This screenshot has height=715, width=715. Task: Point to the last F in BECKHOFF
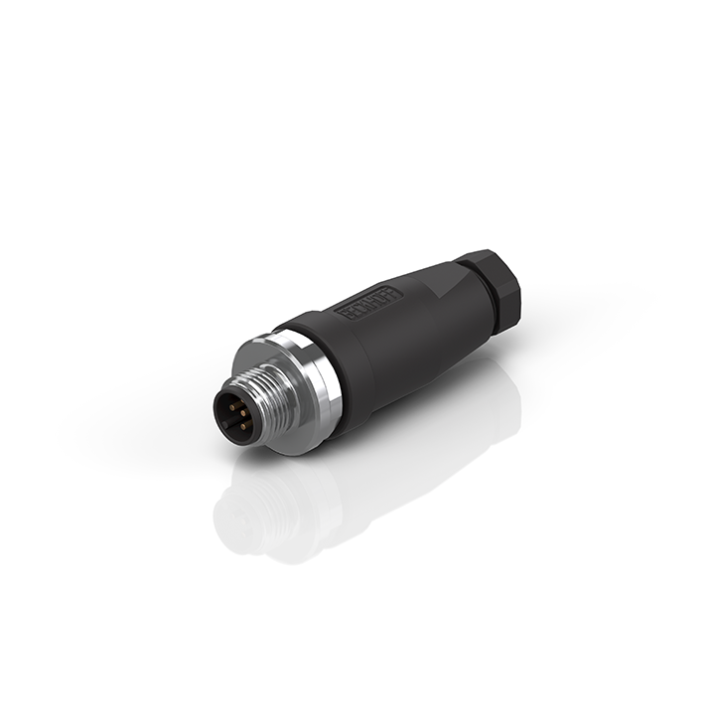(394, 291)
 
